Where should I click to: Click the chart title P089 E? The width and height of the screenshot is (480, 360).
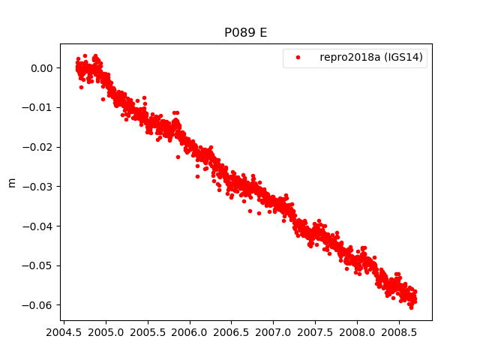246,33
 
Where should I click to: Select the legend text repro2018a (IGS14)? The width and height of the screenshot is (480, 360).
373,58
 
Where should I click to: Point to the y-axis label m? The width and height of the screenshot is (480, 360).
11,182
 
